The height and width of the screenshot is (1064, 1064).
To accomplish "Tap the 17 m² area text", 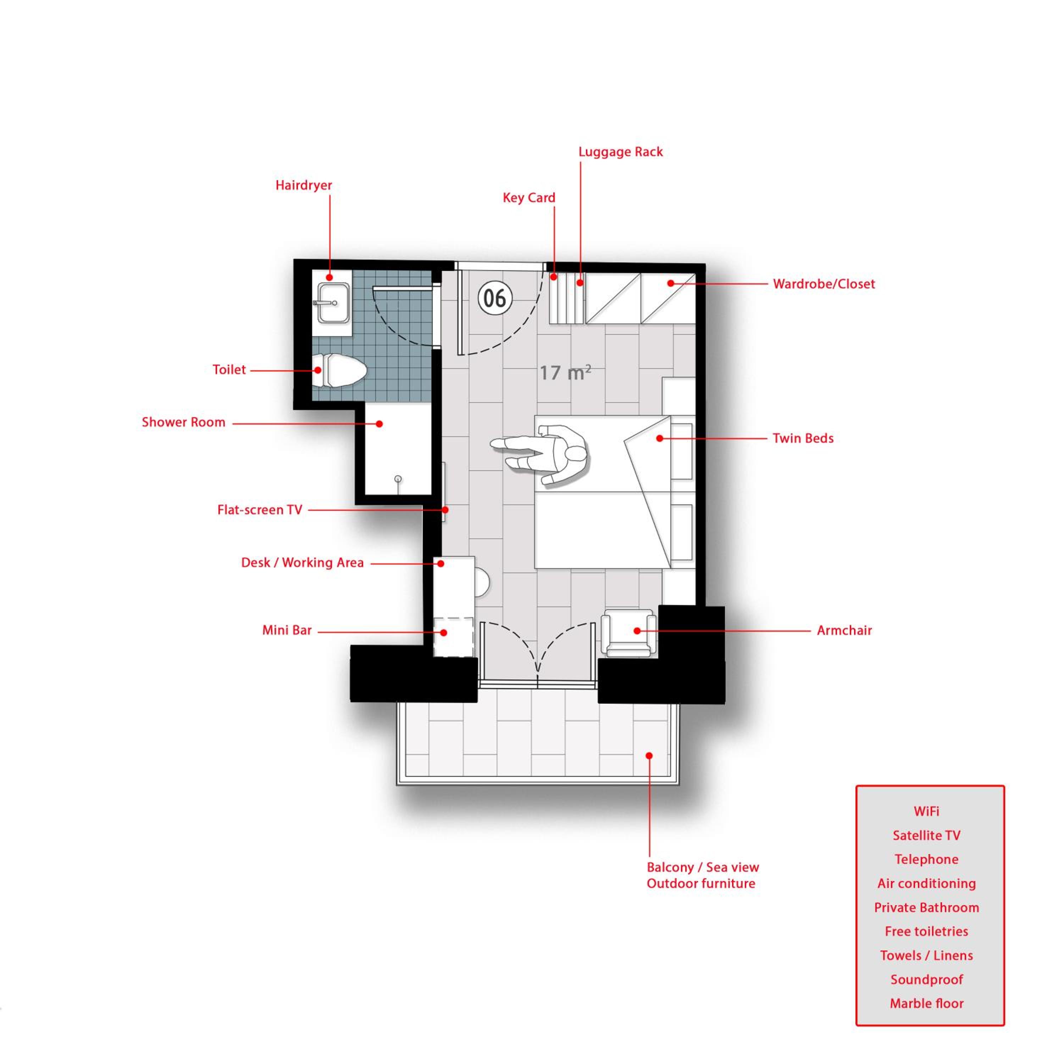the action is [565, 373].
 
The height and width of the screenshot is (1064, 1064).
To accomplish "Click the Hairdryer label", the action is [304, 185].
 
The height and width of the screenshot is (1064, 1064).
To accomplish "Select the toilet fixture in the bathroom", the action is [339, 370].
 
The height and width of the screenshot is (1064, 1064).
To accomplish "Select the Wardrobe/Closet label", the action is [824, 284].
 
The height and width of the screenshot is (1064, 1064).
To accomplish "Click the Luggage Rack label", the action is [621, 152].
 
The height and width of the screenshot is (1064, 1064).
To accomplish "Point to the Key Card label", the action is [529, 198].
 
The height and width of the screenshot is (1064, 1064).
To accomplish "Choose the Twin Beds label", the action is [803, 438].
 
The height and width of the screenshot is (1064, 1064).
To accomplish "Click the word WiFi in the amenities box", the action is [926, 811].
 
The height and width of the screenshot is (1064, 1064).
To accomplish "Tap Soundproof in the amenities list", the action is [927, 980].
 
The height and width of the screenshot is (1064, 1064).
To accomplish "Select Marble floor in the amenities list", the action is [927, 1003].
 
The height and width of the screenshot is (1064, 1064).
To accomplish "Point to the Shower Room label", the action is [183, 422].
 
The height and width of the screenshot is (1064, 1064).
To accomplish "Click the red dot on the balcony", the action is [649, 755].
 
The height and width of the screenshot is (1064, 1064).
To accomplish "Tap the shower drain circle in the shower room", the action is [398, 479].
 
